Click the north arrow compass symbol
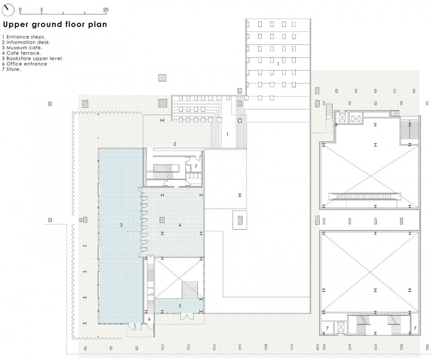pyautogui.click(x=8, y=10)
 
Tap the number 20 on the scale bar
pyautogui.click(x=106, y=9)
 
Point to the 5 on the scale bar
pyautogui.click(x=41, y=9)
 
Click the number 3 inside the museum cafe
pyautogui.click(x=121, y=225)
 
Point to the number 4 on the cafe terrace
pyautogui.click(x=180, y=225)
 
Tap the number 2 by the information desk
pyautogui.click(x=175, y=144)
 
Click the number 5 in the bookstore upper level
pyautogui.click(x=180, y=306)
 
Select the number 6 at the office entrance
pyautogui.click(x=149, y=319)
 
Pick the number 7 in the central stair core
pyautogui.click(x=196, y=166)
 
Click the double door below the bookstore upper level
pyautogui.click(x=187, y=316)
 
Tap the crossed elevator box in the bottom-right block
pyautogui.click(x=341, y=328)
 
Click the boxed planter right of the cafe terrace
pyautogui.click(x=240, y=220)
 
